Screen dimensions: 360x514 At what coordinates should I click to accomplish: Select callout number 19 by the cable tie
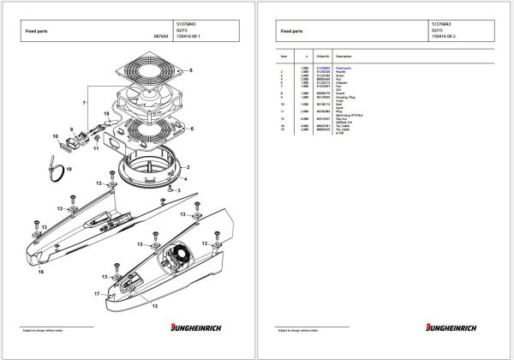point(69,171)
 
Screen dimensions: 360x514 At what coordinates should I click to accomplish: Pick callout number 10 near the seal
point(57,135)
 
